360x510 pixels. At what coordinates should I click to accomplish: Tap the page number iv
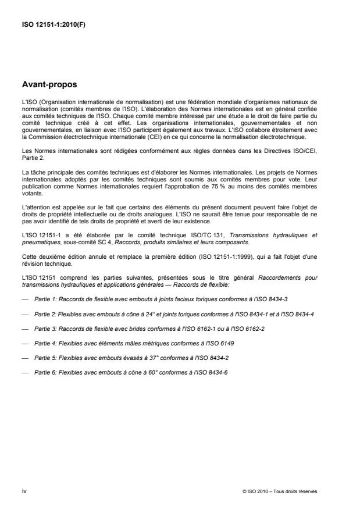pos(24,491)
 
